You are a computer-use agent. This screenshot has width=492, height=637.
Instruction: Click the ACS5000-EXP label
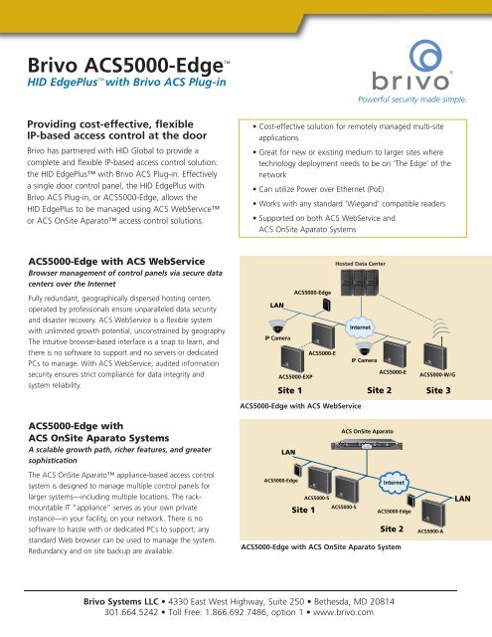(x=295, y=377)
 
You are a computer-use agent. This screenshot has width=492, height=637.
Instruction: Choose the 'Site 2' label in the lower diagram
(x=395, y=528)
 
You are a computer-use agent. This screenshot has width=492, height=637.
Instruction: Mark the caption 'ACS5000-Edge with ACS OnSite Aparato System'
(x=321, y=546)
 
